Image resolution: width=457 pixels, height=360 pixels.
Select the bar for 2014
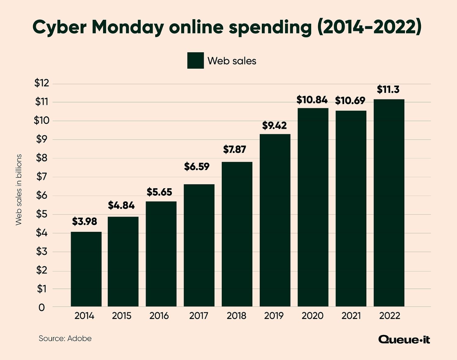(x=86, y=269)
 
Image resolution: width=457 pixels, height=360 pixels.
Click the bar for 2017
(x=199, y=245)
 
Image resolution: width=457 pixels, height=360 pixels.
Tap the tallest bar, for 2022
(x=389, y=203)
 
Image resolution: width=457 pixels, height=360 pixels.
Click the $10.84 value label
(x=312, y=100)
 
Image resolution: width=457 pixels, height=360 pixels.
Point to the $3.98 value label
(x=85, y=221)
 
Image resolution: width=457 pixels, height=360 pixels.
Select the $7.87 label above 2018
(x=234, y=149)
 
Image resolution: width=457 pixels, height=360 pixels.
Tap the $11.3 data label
(x=388, y=90)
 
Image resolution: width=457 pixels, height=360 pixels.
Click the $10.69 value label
(x=350, y=100)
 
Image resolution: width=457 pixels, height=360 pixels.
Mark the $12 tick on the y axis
(x=42, y=83)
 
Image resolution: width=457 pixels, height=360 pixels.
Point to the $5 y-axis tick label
(x=42, y=214)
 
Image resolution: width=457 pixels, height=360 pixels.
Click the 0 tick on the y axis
(x=42, y=307)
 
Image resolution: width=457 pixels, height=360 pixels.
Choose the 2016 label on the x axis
(x=159, y=316)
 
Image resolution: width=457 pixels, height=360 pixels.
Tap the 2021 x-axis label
(x=351, y=316)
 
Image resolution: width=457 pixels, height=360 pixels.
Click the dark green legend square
(x=195, y=60)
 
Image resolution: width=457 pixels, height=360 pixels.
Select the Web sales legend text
(x=232, y=61)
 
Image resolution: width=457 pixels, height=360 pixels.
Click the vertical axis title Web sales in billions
(x=19, y=190)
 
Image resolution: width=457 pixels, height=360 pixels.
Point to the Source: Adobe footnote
(x=65, y=338)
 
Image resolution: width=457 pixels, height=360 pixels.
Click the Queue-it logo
(x=404, y=339)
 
